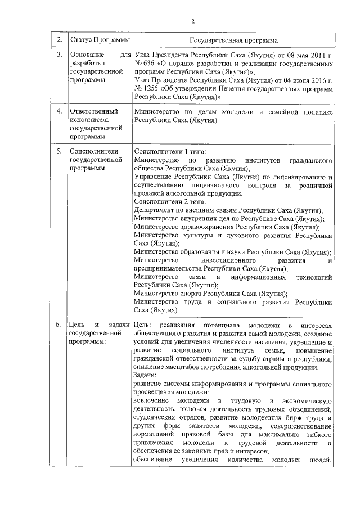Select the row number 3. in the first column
60,55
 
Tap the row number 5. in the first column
60,152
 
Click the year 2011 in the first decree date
316,55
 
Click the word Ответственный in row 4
92,112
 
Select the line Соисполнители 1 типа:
169,152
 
